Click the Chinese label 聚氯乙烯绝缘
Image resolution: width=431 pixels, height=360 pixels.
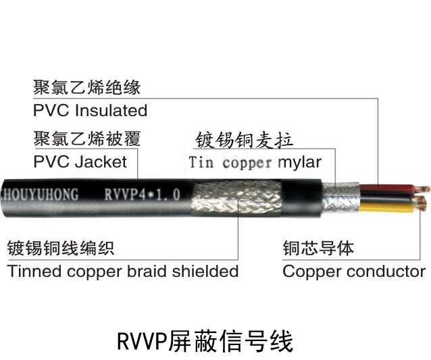pyautogui.click(x=86, y=88)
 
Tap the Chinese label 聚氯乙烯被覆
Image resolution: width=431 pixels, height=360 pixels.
pyautogui.click(x=86, y=140)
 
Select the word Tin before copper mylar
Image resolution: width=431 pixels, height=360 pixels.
pyautogui.click(x=201, y=163)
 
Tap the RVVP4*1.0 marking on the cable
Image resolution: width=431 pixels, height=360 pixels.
pyautogui.click(x=142, y=195)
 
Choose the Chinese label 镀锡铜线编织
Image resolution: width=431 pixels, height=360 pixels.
pyautogui.click(x=61, y=248)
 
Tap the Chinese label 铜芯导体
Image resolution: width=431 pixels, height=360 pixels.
pyautogui.click(x=318, y=248)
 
